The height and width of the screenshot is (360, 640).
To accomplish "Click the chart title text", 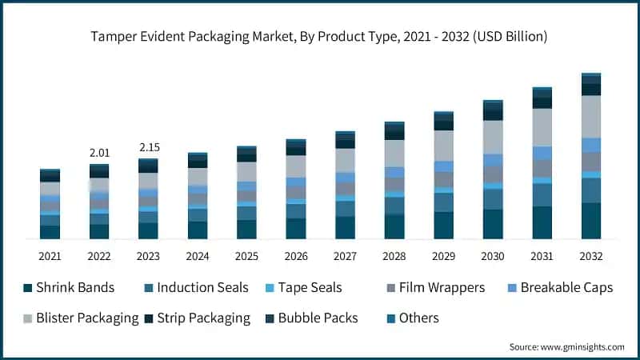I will [x=320, y=36].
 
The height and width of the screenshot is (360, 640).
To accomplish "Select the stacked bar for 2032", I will [x=591, y=156].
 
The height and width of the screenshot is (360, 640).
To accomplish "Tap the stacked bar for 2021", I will [x=50, y=204].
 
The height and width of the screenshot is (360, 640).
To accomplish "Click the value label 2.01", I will [x=99, y=153].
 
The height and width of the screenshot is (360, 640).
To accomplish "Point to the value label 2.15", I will [x=148, y=147].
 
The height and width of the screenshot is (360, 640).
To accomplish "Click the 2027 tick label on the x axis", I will [x=345, y=256].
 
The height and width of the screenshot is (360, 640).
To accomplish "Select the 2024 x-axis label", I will [x=197, y=256].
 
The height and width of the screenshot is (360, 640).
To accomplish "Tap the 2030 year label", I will [x=493, y=256].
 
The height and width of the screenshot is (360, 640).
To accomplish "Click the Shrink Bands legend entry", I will [x=69, y=288].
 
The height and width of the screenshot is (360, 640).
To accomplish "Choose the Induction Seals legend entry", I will [x=195, y=288].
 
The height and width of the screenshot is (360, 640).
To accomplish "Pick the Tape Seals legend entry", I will [x=309, y=288].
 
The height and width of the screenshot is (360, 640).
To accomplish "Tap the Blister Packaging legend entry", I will [x=81, y=318].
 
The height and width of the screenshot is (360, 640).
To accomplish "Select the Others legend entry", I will [x=410, y=318].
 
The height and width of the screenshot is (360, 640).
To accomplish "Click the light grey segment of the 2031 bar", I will [x=542, y=127].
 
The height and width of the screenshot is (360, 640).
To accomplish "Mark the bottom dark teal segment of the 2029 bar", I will [x=443, y=225].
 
